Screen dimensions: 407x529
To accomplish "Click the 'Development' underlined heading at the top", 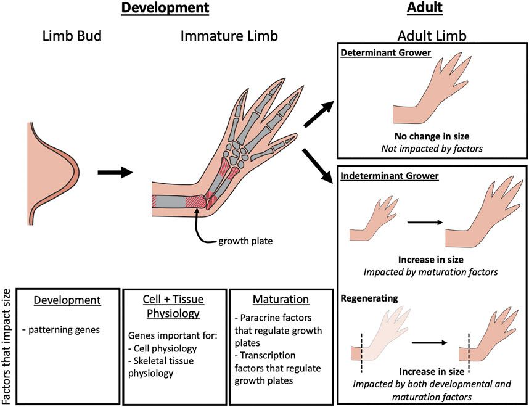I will pyautogui.click(x=165, y=8).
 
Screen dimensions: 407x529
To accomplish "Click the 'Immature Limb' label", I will pyautogui.click(x=229, y=36).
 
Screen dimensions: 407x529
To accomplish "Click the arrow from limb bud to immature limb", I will pyautogui.click(x=115, y=173).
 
